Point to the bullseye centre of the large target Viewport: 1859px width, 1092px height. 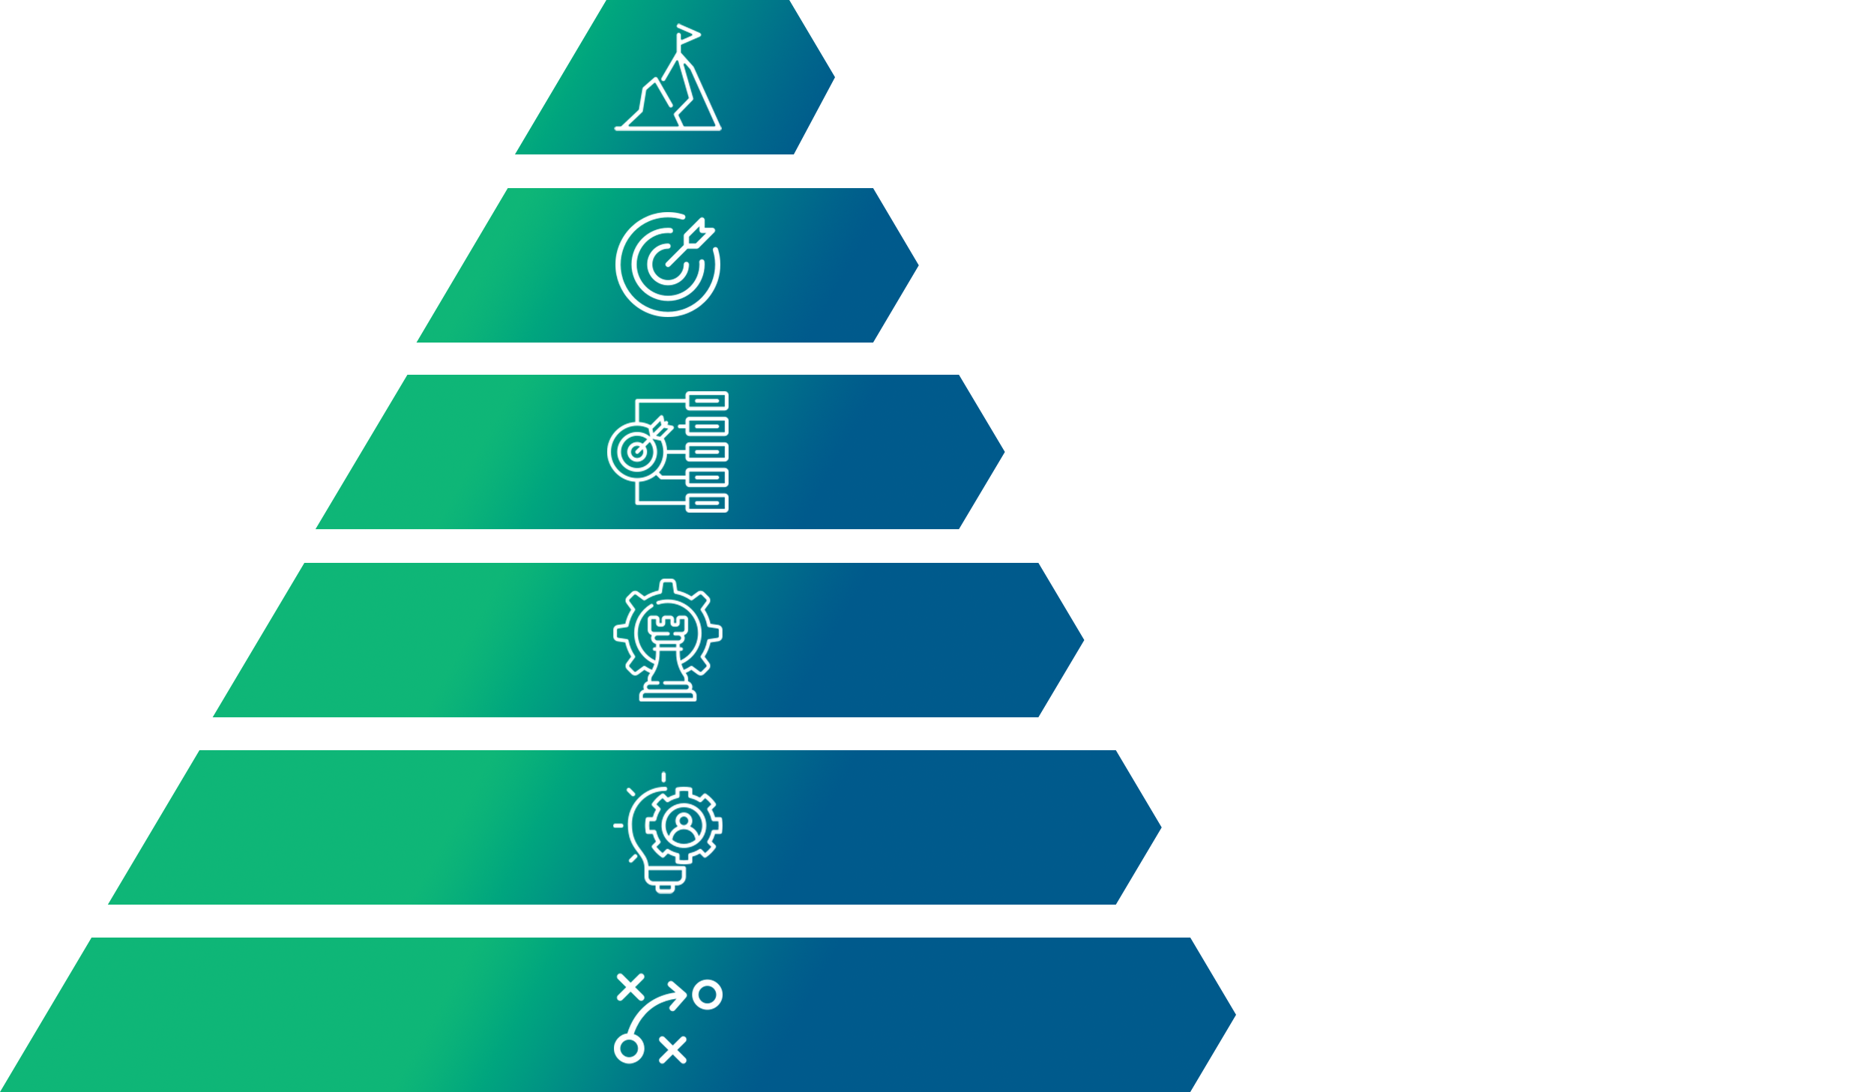665,263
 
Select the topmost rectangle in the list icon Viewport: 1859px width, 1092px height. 707,401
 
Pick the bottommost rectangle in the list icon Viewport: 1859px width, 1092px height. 707,503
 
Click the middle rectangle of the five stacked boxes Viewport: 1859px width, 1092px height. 707,452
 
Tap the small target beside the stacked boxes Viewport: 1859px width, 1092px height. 636,451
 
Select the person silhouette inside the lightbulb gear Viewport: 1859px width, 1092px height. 683,825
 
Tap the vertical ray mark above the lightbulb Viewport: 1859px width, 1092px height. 663,776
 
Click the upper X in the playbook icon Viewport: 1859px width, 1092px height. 630,987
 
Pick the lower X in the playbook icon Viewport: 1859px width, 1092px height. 672,1050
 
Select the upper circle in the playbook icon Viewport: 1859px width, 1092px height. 707,995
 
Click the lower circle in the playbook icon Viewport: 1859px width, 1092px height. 629,1049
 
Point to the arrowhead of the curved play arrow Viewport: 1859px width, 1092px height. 679,995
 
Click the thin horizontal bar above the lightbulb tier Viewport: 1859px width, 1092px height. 633,758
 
